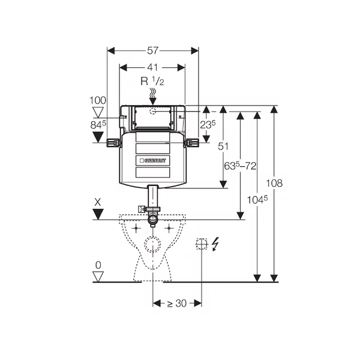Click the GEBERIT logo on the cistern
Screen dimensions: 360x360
point(153,161)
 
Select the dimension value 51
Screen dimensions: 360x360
point(223,146)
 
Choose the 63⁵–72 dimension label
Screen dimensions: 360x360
point(241,164)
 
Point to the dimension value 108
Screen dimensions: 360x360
point(274,183)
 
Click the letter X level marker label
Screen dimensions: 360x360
point(98,203)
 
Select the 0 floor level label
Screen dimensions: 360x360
point(98,265)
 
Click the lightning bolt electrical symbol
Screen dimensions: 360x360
point(216,243)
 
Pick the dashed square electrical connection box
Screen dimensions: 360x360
point(202,243)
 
